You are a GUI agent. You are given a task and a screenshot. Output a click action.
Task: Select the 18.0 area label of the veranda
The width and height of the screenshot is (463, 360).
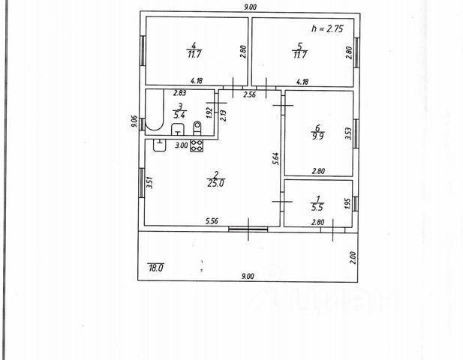pos(155,266)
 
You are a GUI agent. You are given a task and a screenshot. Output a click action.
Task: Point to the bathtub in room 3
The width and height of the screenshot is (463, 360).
pos(153,111)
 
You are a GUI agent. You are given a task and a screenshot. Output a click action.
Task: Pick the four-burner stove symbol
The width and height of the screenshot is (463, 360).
pos(197,146)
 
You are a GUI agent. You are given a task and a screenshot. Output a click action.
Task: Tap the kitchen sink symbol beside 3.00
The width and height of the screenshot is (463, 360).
pos(160,145)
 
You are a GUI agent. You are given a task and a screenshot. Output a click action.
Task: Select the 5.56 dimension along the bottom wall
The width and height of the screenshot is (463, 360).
pos(213,221)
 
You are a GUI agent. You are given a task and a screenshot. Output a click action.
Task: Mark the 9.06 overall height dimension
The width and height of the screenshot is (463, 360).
pos(134,121)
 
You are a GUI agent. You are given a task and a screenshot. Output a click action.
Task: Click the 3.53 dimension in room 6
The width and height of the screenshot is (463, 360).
pos(347,134)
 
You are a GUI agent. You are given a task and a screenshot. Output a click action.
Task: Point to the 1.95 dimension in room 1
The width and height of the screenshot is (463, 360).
pos(347,203)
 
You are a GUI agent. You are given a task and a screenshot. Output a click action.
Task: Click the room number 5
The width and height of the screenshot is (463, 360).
pos(299,45)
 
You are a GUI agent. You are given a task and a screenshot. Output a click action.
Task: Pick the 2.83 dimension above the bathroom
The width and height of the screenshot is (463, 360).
pos(180,94)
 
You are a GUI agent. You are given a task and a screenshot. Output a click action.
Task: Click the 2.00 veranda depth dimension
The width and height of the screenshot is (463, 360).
pos(353,257)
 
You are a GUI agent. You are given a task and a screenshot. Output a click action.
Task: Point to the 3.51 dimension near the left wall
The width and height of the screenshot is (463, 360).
pos(149,182)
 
